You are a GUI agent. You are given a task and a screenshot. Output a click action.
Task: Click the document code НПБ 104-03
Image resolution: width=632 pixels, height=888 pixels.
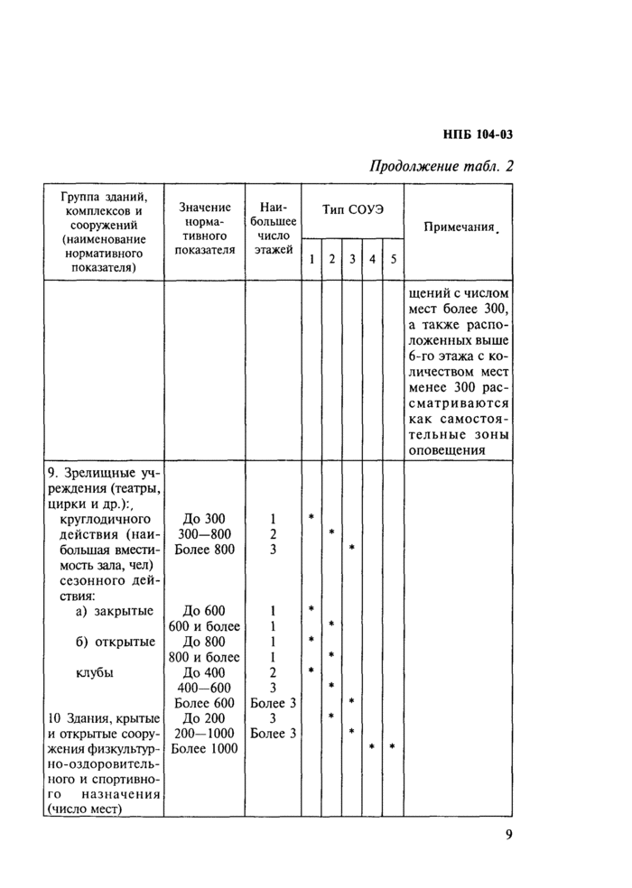[x=478, y=135]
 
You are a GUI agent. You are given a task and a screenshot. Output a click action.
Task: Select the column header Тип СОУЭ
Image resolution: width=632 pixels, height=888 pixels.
[x=353, y=209]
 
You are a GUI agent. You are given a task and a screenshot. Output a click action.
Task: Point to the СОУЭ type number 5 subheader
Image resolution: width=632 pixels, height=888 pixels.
[x=393, y=260]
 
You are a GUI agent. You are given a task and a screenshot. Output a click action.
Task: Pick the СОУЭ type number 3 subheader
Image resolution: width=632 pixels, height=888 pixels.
[x=351, y=260]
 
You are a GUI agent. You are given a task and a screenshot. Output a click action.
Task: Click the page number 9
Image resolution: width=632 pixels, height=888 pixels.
[x=508, y=834]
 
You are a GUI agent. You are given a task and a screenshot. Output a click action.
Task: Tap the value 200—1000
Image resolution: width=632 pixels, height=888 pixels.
[x=204, y=733]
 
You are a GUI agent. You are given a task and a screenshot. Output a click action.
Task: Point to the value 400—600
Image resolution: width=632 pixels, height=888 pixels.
[x=204, y=687]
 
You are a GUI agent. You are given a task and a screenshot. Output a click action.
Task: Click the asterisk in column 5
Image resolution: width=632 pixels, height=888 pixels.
[x=393, y=747]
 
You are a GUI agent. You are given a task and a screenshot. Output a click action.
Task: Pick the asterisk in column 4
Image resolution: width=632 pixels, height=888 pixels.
[x=372, y=747]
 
